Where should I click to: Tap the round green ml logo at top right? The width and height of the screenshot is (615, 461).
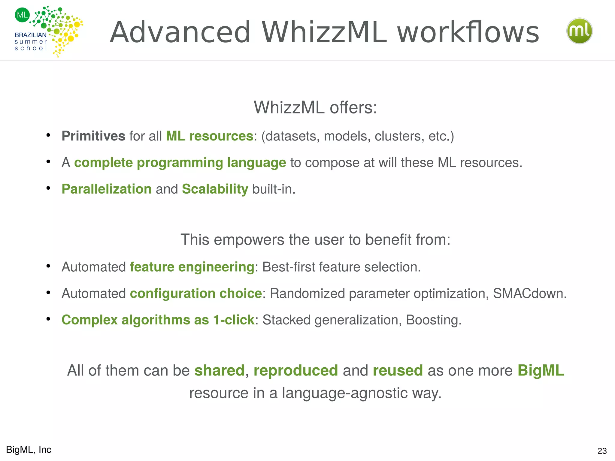pos(579,31)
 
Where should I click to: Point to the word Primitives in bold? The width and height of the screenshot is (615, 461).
pos(93,136)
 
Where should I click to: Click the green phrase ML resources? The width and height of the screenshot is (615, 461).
pos(210,136)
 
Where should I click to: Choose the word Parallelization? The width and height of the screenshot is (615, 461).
pos(107,189)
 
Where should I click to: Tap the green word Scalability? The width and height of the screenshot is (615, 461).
pos(215,189)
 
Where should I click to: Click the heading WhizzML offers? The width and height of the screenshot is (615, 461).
pos(315,107)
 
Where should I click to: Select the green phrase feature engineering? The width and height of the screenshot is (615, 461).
pos(192,267)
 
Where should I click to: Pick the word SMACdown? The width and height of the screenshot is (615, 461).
pos(530,294)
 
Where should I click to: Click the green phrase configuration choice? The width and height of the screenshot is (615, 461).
pos(196,294)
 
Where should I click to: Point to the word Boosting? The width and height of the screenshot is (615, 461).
pos(434,320)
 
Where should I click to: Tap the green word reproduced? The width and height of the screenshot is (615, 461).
pos(296,370)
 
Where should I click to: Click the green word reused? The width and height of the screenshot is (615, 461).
pos(398,370)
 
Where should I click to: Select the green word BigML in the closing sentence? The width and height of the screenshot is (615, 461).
pos(541,370)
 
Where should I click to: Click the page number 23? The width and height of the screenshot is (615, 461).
pos(602,451)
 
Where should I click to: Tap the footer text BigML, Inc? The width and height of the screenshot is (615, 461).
pos(29,450)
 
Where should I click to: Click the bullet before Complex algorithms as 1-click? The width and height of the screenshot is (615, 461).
pos(48,319)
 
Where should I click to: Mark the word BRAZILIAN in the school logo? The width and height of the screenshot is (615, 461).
pos(31,35)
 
